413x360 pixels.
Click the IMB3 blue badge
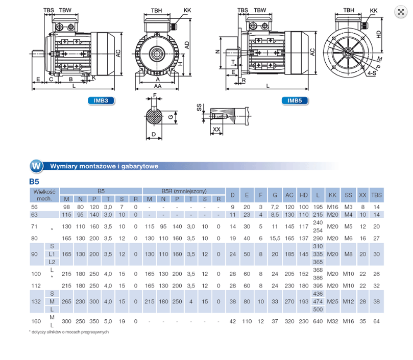click(x=101, y=100)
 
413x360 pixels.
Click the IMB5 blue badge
click(x=295, y=100)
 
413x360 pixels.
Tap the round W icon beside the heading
click(x=36, y=166)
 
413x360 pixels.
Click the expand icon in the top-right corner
click(x=401, y=12)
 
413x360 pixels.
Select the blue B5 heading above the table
click(x=34, y=182)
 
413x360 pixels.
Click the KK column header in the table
click(x=332, y=195)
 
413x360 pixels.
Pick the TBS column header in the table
click(x=376, y=195)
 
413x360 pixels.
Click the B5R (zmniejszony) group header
click(x=184, y=191)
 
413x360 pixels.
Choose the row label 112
click(x=36, y=286)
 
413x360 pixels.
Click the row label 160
click(x=36, y=321)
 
